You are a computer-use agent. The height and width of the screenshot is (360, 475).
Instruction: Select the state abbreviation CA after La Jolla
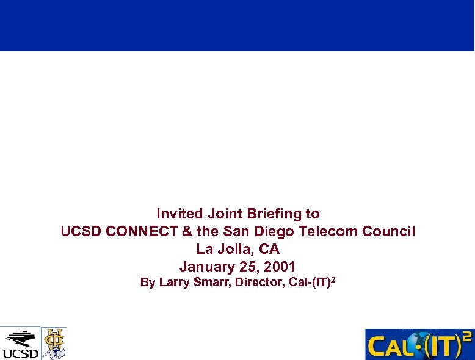click(x=269, y=250)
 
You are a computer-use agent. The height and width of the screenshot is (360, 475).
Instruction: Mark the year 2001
click(x=280, y=267)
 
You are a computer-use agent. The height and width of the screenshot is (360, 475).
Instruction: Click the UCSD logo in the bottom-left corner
click(x=20, y=344)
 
